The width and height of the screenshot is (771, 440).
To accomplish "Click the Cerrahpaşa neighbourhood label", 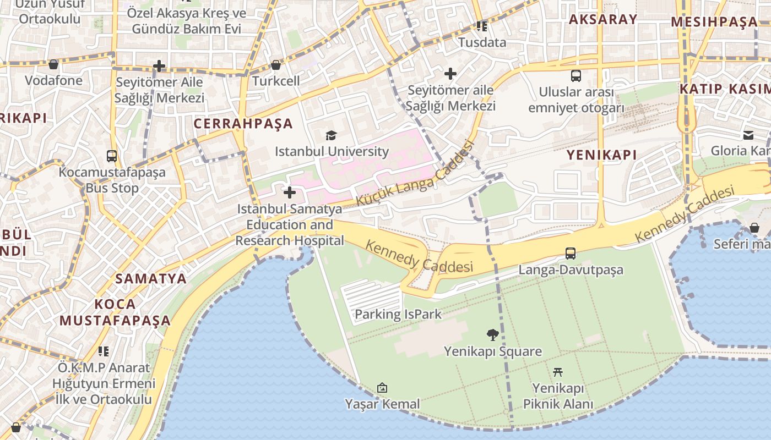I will [243, 123].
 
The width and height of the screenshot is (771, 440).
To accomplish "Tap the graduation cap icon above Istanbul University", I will [331, 135].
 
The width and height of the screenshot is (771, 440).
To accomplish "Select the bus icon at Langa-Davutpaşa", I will [571, 254].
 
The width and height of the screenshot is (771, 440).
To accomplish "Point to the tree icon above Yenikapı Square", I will [493, 334].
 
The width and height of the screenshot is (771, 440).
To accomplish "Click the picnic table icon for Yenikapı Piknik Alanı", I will [558, 372].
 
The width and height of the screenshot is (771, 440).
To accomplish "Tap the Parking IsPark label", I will [398, 314].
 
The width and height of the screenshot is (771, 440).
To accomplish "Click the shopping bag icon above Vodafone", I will [53, 64].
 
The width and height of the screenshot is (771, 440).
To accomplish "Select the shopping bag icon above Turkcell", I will [276, 65].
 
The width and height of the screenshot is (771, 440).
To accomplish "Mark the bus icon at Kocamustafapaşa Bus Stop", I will [112, 156].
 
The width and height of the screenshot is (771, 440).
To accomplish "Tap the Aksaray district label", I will [602, 19].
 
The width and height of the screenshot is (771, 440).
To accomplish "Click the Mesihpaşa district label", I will [714, 22].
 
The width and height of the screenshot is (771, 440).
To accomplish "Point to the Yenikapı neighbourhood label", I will [601, 155].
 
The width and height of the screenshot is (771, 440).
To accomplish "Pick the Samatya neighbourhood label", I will [151, 278].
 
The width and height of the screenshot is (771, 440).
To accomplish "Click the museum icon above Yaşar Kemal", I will [382, 388].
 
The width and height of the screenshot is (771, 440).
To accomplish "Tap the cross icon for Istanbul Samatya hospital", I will [290, 193].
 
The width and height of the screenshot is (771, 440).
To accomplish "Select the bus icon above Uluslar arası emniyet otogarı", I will [576, 76].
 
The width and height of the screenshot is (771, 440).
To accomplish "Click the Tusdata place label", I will [482, 42].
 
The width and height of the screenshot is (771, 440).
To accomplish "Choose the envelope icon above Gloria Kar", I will [748, 135].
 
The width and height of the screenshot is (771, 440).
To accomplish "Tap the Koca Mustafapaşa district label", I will [115, 312].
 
